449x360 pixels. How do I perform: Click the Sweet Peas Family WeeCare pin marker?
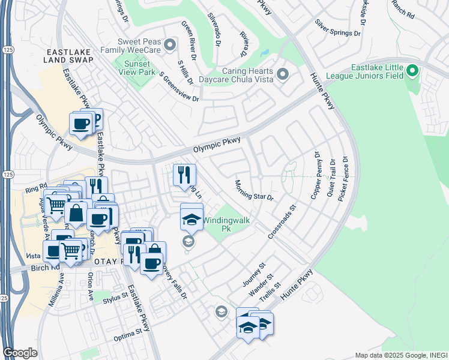click(x=170, y=44)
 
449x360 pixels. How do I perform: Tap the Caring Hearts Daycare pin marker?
click(x=283, y=74)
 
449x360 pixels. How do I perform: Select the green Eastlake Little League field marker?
click(x=412, y=72)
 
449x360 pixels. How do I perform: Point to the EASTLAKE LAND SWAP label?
click(x=69, y=56)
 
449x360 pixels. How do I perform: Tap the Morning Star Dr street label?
click(x=254, y=190)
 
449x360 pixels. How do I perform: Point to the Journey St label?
click(x=253, y=274)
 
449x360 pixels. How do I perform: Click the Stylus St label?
click(x=115, y=296)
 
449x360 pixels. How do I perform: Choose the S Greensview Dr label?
click(x=179, y=86)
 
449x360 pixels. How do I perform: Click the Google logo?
click(x=20, y=352)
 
